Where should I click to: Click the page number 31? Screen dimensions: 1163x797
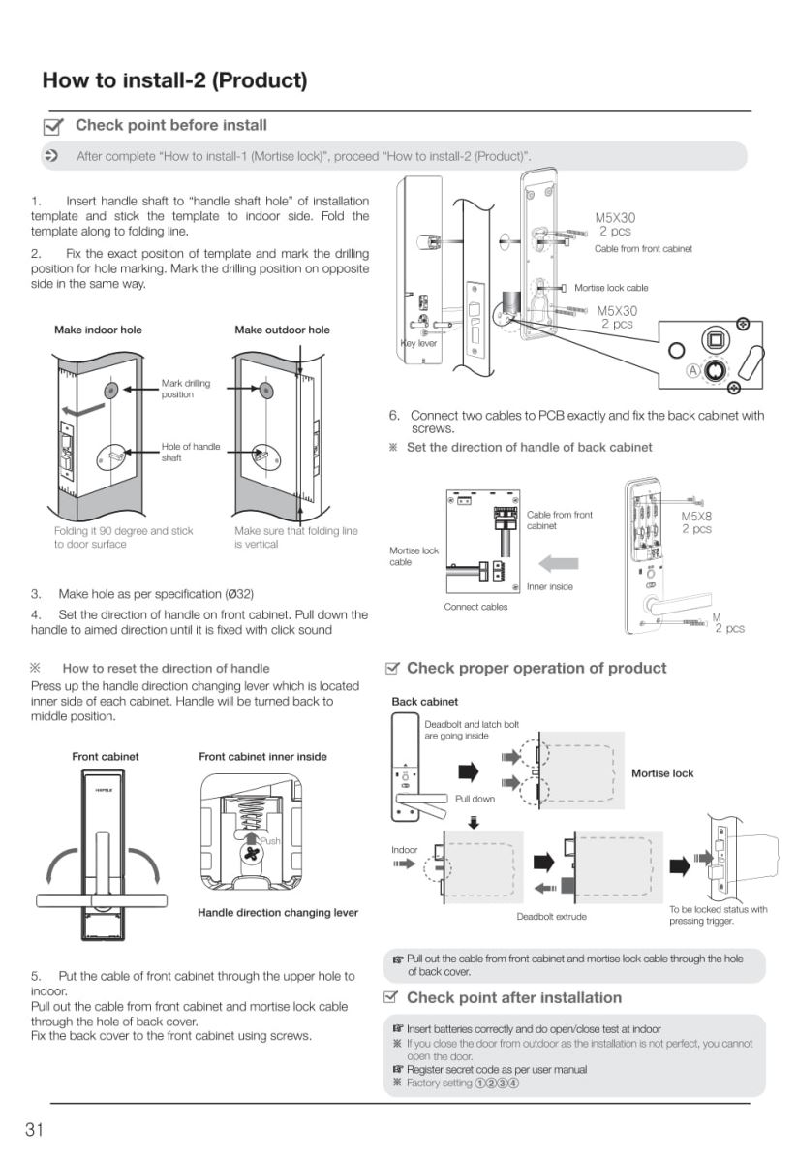coord(34,1128)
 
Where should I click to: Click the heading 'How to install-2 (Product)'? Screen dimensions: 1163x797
coord(174,79)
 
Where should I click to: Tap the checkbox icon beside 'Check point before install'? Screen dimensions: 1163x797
coord(55,126)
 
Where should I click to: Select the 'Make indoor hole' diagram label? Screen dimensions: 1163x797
coord(98,330)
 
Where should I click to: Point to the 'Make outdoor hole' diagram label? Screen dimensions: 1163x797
coord(282,330)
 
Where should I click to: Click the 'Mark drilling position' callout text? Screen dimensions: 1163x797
coord(185,389)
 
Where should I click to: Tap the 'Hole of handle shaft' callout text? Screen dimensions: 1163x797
coord(190,452)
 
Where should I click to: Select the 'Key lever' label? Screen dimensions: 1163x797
coord(418,343)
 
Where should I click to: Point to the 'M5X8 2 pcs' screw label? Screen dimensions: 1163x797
coord(696,523)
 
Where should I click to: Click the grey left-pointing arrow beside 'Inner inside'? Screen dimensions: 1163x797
coord(558,562)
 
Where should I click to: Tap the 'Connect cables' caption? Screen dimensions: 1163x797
coord(475,607)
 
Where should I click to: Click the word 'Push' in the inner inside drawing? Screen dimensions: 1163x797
coord(268,841)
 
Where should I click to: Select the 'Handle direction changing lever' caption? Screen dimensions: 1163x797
coord(278,912)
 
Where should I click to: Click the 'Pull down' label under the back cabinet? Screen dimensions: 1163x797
coord(475,799)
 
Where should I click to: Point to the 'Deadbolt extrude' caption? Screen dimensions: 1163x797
coord(551,916)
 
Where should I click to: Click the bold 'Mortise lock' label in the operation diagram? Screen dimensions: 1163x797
coord(662,773)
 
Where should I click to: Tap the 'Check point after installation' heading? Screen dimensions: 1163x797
coord(513,997)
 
